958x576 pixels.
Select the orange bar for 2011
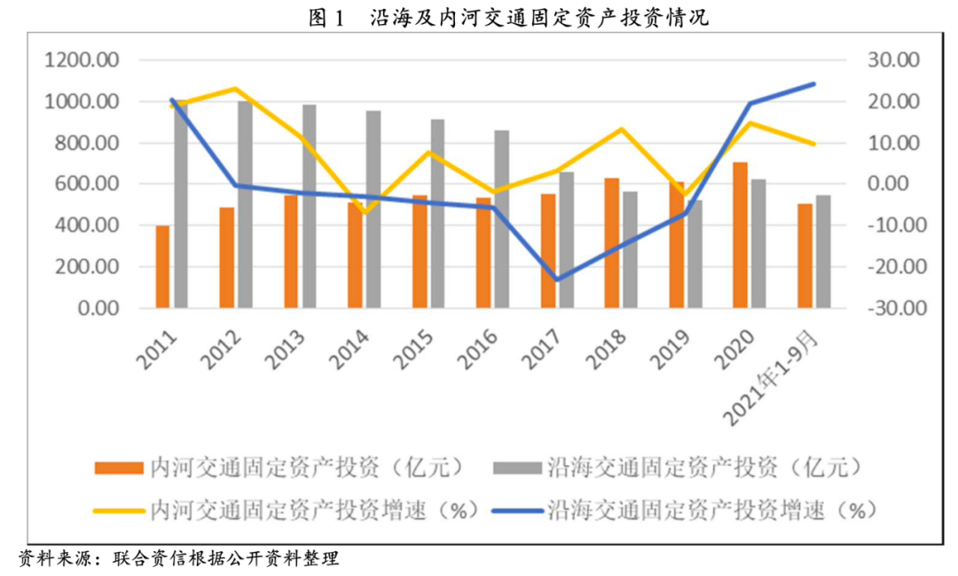(x=162, y=267)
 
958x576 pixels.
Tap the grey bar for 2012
(x=245, y=204)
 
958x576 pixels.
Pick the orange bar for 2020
(x=740, y=235)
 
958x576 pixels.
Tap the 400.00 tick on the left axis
(x=85, y=225)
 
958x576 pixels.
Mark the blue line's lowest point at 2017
(x=555, y=280)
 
